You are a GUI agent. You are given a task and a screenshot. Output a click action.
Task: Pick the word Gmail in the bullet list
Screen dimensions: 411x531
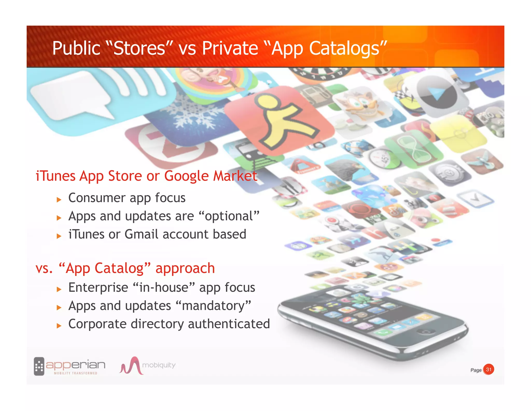(141, 234)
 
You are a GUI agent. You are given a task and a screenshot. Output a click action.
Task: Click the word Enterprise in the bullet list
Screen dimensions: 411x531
(98, 288)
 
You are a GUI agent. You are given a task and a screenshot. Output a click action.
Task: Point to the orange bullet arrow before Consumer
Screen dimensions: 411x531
(59, 200)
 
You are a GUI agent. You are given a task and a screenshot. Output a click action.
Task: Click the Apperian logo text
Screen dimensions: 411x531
(75, 365)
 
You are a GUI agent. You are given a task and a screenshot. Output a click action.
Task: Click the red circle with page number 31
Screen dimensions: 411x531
(488, 369)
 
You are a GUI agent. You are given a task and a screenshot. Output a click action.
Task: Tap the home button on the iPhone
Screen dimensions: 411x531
(425, 332)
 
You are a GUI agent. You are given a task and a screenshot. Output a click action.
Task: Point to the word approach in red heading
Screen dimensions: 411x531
(185, 268)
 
